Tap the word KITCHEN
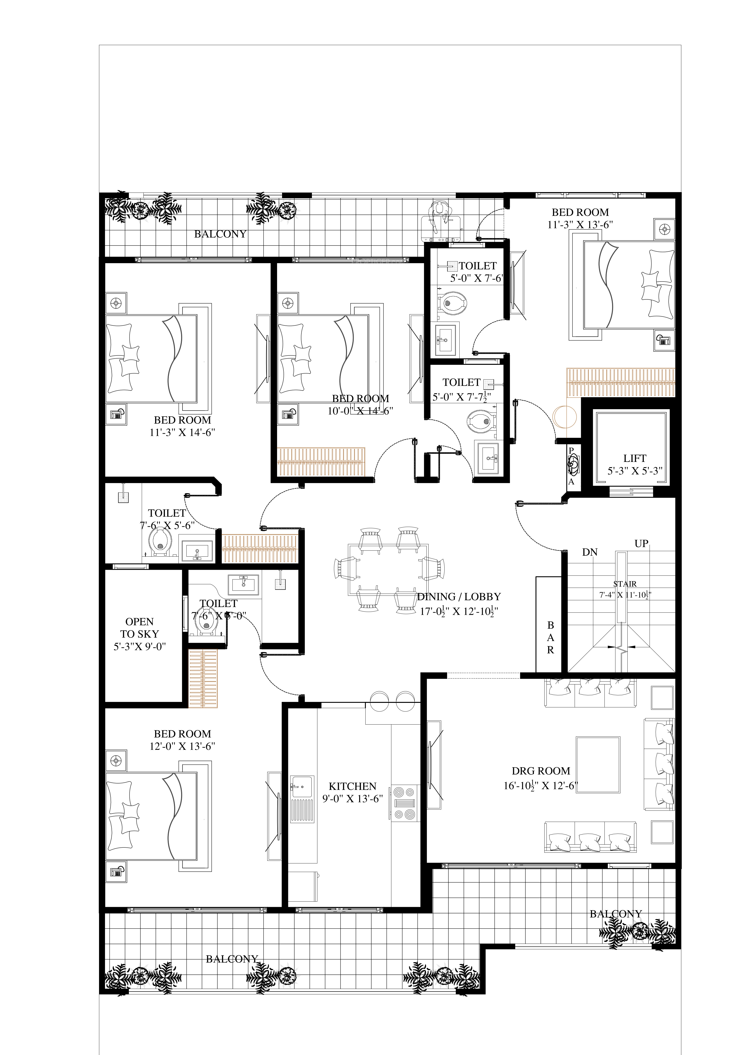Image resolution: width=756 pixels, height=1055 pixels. [x=352, y=786]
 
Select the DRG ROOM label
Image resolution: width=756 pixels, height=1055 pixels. [x=541, y=771]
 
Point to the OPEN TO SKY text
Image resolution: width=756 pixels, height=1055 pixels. [x=140, y=627]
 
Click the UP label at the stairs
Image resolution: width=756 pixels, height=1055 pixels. [x=641, y=543]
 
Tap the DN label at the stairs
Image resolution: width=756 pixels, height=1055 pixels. [x=589, y=552]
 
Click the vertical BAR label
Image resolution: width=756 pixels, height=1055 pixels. [x=550, y=638]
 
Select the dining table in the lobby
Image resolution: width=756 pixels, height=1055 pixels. [x=388, y=569]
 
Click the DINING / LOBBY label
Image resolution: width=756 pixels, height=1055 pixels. [x=459, y=597]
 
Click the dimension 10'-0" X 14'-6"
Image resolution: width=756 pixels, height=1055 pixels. [x=360, y=411]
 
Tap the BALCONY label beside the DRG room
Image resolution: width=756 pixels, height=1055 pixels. [x=615, y=914]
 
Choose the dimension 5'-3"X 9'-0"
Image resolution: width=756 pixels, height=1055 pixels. [x=140, y=647]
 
